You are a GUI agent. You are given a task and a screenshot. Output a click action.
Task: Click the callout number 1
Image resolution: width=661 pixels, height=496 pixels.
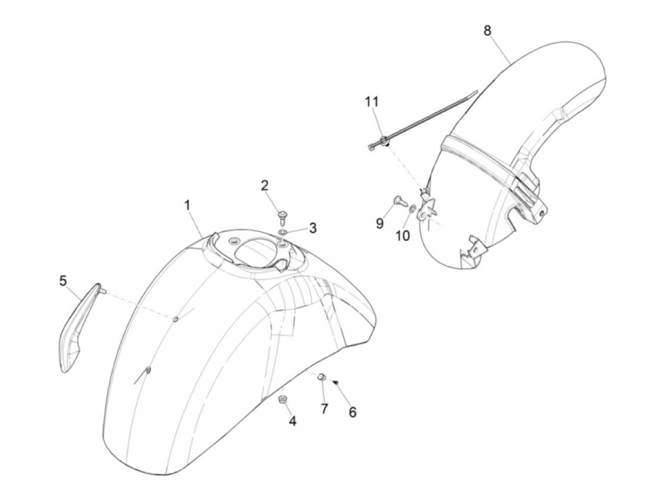click(x=187, y=206)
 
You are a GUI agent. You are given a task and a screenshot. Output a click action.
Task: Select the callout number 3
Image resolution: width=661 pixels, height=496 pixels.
click(x=313, y=228)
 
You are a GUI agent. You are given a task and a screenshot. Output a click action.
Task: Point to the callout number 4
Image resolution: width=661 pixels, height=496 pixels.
click(x=293, y=422)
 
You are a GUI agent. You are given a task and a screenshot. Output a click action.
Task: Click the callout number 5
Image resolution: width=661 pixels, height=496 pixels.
click(x=63, y=281)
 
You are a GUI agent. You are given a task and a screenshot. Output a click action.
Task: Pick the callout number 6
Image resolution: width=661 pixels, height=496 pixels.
click(x=352, y=412)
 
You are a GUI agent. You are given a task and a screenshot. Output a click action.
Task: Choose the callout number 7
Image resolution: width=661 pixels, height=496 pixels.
click(x=324, y=408)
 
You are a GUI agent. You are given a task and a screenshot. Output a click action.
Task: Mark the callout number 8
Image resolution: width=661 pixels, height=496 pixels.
click(x=487, y=30)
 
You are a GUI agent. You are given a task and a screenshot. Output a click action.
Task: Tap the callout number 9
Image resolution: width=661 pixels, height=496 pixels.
click(x=380, y=223)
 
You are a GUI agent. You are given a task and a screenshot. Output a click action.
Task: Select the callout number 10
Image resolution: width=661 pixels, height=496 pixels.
click(x=403, y=235)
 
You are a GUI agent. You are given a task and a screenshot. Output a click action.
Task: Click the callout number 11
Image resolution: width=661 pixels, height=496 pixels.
click(x=371, y=101)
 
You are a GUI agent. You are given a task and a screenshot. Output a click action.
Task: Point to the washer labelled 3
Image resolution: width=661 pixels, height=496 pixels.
click(x=282, y=232)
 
